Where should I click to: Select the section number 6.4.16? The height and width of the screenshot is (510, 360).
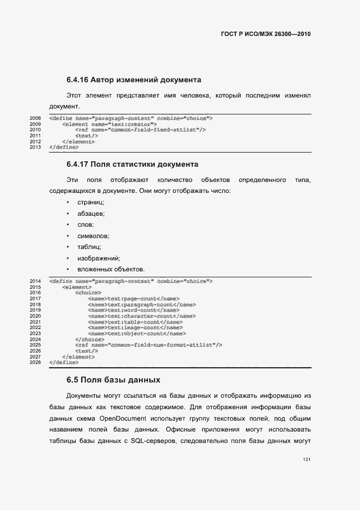77,80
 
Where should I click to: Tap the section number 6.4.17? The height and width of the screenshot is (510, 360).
77,164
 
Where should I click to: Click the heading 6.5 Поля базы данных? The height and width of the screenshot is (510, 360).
113,379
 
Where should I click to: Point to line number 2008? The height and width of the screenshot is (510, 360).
35,118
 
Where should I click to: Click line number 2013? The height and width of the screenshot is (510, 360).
35,147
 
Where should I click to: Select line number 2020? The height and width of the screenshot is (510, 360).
35,316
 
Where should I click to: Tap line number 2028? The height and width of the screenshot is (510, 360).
35,362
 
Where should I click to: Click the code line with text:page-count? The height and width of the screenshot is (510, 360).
133,299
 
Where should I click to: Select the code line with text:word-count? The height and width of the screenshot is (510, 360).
133,310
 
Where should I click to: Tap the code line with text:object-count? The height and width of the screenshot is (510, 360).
137,333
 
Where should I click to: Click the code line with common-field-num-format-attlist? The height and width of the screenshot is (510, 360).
149,345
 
